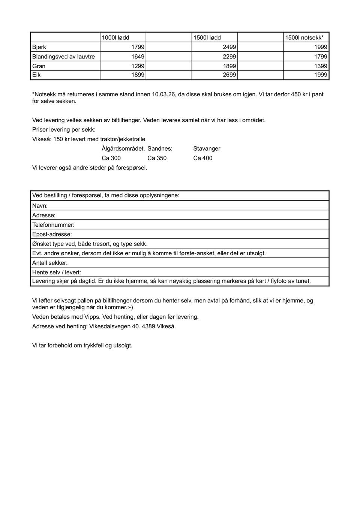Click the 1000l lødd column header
coord(115,37)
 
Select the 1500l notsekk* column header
coord(304,37)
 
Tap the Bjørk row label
coord(39,47)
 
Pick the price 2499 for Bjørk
coord(229,47)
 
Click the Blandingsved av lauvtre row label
coord(63,57)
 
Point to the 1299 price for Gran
coord(138,66)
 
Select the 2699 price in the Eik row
coord(229,75)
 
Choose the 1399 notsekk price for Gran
coord(321,66)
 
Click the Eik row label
coord(36,75)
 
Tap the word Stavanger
coord(207,148)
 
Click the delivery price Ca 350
coord(157,158)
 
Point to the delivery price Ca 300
coord(111,158)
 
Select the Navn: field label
coord(40,206)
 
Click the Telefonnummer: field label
coord(53,225)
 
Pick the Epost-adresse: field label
coord(52,234)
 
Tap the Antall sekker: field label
coord(50,263)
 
